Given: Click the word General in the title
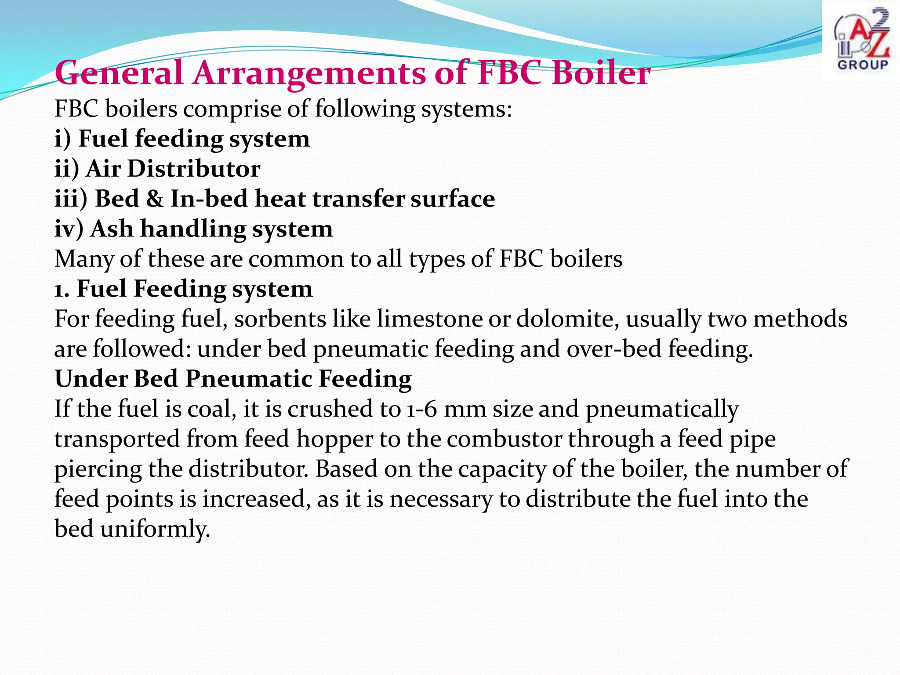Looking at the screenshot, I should [x=119, y=73].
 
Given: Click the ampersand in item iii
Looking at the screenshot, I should [x=154, y=199].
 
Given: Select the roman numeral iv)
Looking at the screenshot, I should [x=69, y=229].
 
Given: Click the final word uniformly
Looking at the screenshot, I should [x=155, y=529].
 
